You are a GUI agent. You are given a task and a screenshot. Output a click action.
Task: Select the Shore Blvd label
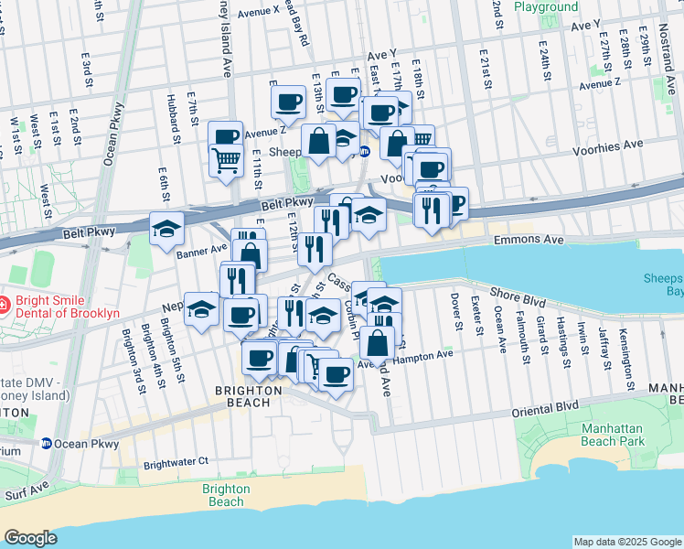[518, 293]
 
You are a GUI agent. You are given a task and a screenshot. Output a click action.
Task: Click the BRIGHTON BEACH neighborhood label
[248, 390]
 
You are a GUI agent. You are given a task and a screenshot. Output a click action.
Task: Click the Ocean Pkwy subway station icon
[45, 444]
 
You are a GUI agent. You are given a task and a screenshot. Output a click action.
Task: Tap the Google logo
[30, 538]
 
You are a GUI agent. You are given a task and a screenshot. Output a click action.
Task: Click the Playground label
[546, 7]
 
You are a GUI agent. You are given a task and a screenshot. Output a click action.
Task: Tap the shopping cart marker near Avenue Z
[227, 161]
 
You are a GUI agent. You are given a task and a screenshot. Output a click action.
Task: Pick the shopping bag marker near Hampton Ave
[377, 344]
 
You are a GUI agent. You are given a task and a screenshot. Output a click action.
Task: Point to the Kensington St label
[625, 347]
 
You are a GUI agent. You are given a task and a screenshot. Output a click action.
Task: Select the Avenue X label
[258, 11]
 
